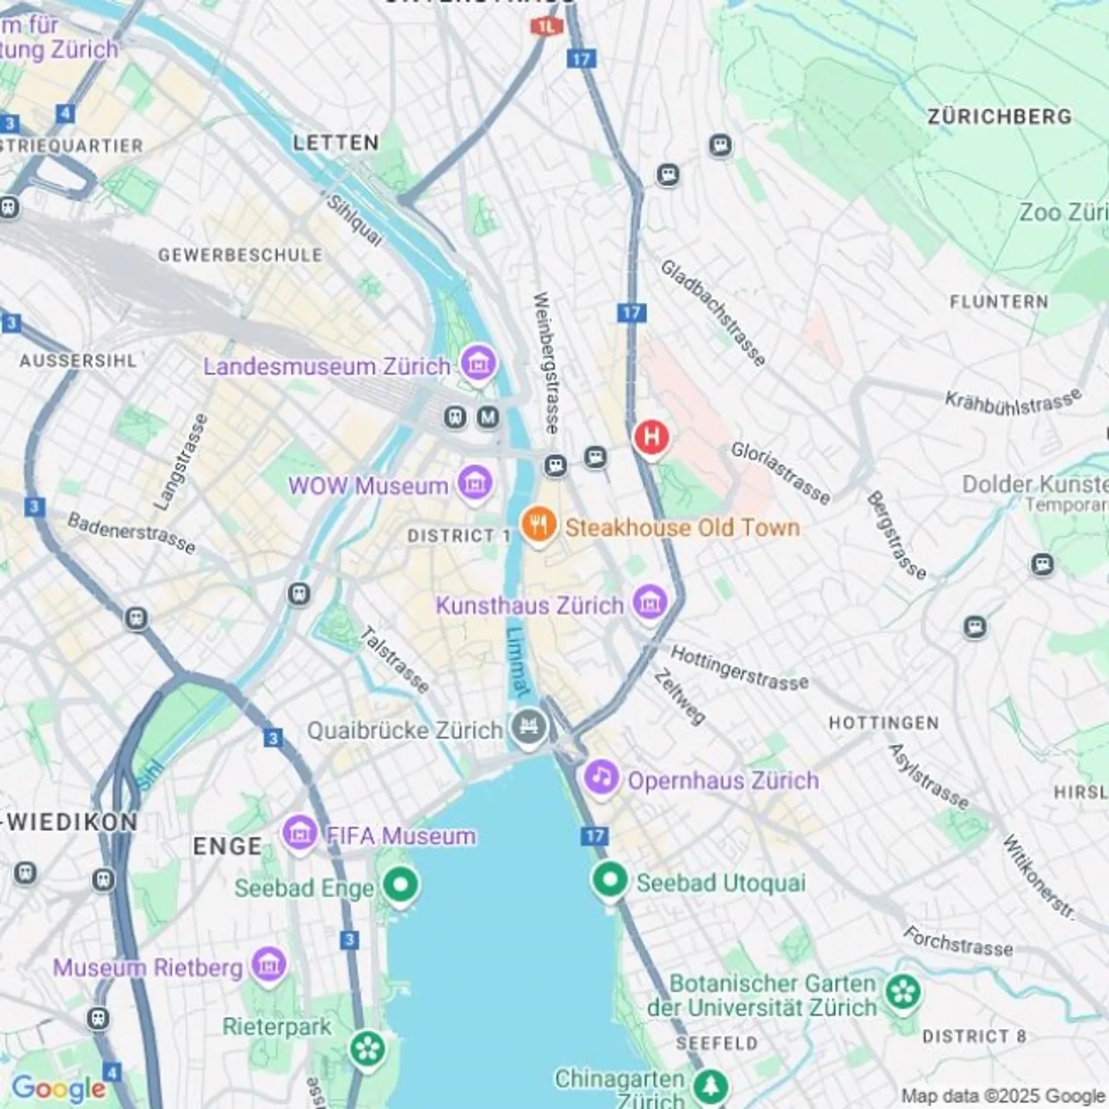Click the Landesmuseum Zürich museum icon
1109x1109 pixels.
[x=477, y=362]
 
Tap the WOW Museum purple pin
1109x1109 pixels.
[x=474, y=483]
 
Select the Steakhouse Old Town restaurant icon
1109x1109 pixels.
[x=538, y=525]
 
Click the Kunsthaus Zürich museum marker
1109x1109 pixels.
[x=649, y=601]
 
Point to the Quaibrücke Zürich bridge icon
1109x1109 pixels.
[x=528, y=727]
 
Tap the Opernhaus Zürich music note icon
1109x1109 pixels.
[x=601, y=777]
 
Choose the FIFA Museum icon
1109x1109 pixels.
[x=300, y=833]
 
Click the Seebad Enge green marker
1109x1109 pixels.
[x=400, y=884]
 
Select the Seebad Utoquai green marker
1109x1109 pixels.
[x=610, y=879]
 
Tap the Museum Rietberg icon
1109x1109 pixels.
[x=269, y=964]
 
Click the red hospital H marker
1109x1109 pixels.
[x=651, y=437]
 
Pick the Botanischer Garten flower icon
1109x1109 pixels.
[x=903, y=992]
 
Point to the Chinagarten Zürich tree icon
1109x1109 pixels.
[x=709, y=1086]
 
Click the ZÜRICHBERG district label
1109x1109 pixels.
[x=999, y=117]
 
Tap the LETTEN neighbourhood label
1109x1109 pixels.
[x=336, y=142]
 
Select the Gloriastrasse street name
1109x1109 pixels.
[x=780, y=473]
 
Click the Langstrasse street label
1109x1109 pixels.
[x=181, y=462]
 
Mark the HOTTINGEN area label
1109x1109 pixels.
[x=883, y=723]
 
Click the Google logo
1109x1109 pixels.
[x=59, y=1089]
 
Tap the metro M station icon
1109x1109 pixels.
[x=487, y=417]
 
